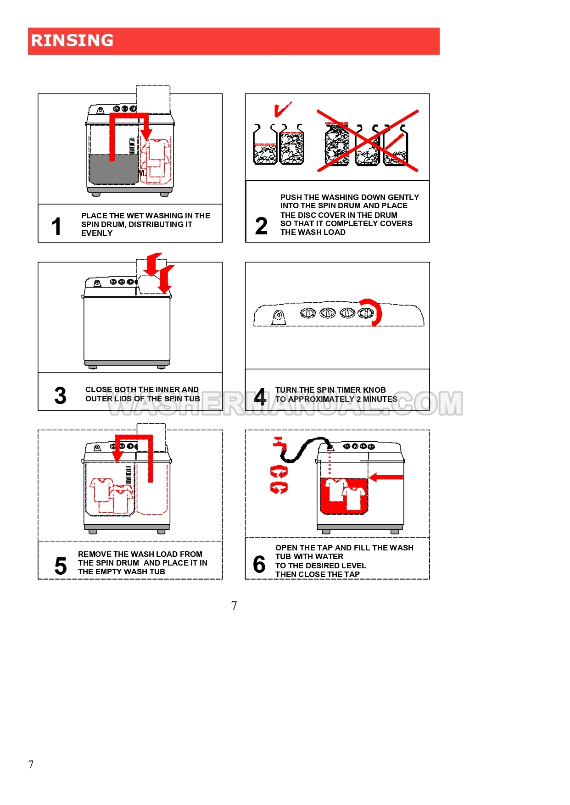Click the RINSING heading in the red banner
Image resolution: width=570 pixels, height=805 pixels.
[72, 40]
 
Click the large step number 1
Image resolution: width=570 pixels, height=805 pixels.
[56, 226]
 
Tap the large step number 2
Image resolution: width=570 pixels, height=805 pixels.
[261, 226]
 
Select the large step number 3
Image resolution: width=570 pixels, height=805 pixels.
[60, 395]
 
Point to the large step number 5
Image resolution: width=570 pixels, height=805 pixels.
[61, 566]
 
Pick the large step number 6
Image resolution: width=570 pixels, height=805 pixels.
[259, 564]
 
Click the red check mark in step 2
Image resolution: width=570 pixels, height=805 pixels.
[282, 109]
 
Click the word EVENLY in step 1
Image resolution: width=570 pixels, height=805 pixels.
[97, 233]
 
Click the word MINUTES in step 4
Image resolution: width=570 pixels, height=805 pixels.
[380, 399]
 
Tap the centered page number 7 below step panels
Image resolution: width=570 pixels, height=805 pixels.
[234, 606]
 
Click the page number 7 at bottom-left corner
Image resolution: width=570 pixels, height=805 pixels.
[31, 765]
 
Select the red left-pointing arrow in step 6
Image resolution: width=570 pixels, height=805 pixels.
[386, 477]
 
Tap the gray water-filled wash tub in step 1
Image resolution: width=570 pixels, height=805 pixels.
[113, 169]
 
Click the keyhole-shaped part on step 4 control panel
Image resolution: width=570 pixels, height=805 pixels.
[278, 317]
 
